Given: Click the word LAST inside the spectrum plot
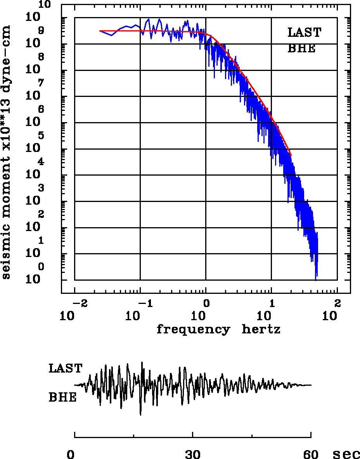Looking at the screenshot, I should (x=304, y=33).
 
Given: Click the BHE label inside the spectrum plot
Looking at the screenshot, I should (x=301, y=49).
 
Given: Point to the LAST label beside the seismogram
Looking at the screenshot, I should (x=65, y=368).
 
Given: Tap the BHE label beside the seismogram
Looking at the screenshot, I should (x=62, y=398).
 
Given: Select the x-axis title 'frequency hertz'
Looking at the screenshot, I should (x=218, y=330).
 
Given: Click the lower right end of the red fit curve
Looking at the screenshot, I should (x=291, y=155).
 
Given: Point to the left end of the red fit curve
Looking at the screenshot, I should (x=100, y=31).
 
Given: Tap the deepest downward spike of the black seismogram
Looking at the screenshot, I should (x=140, y=415).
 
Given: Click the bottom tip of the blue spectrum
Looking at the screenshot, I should (x=316, y=280).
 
